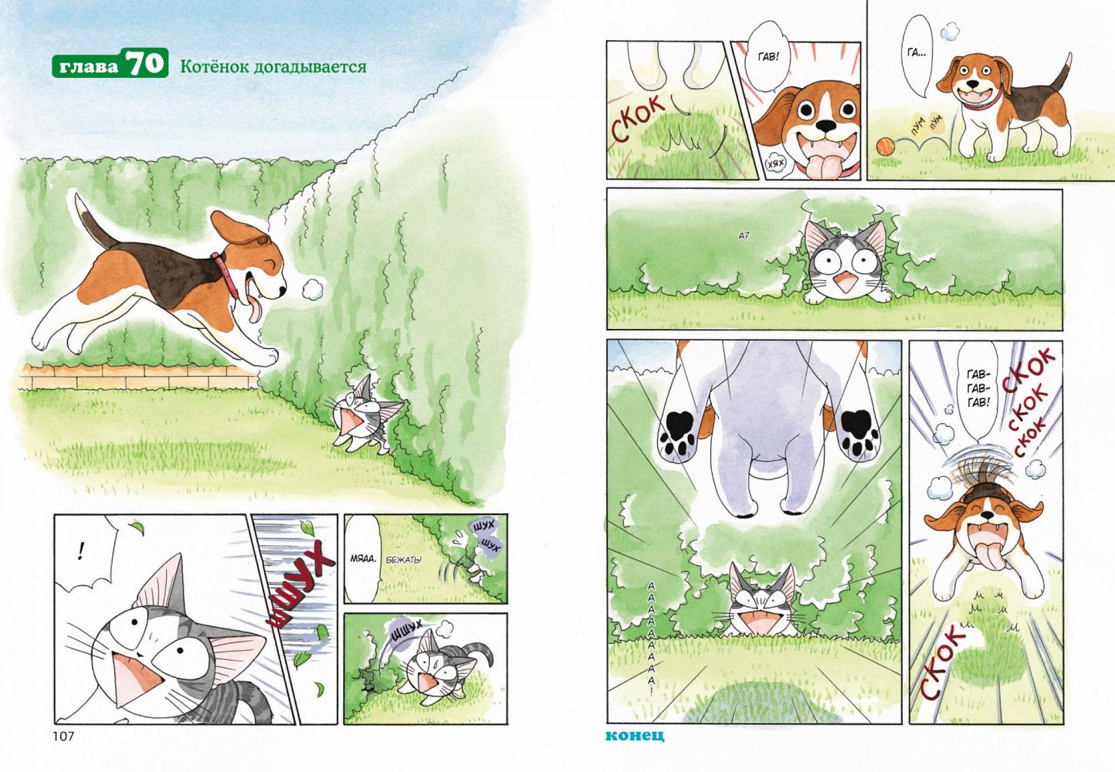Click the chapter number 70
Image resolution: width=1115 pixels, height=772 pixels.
click(x=145, y=63)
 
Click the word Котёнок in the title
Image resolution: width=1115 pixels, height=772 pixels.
click(x=215, y=66)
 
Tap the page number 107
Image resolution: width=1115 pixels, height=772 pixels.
click(x=63, y=736)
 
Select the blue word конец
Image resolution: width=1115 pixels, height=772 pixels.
click(x=635, y=735)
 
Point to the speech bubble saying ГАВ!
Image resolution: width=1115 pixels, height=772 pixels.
click(x=767, y=57)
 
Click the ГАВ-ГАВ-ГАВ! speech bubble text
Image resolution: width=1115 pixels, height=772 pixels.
click(x=978, y=389)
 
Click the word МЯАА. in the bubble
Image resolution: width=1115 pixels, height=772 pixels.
click(x=362, y=559)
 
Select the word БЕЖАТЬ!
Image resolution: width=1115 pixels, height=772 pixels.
click(x=404, y=560)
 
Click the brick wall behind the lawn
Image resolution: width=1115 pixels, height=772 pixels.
click(x=138, y=378)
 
